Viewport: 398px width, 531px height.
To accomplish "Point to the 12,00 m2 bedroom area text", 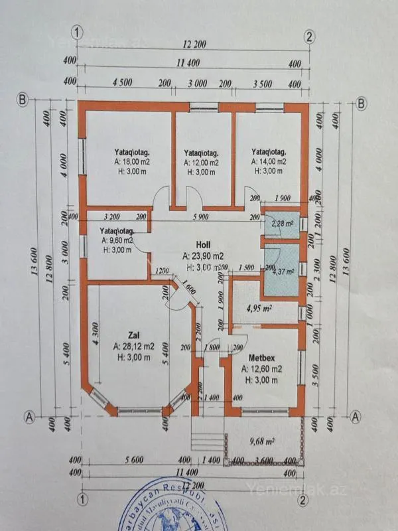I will click(x=201, y=162).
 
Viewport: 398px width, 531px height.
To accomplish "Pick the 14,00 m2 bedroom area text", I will click(x=269, y=161).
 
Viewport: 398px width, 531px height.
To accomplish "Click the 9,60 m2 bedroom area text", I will click(x=117, y=240).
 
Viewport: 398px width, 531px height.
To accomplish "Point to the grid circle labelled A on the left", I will click(x=29, y=417).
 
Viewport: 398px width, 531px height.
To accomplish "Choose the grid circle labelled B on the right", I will click(x=362, y=103).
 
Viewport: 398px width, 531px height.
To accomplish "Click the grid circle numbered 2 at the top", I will click(x=309, y=35).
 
